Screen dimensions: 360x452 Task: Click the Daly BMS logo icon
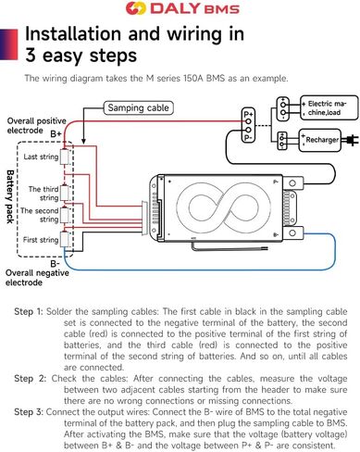point(136,8)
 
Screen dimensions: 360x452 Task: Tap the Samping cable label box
point(138,108)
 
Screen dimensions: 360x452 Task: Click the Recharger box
point(319,140)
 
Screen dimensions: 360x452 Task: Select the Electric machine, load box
point(329,107)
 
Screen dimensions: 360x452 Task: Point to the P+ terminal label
point(248,114)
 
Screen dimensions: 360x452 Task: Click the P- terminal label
point(248,138)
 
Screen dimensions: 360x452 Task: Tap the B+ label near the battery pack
point(56,134)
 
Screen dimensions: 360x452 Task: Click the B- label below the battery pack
point(55,264)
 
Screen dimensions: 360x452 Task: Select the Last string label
point(41,157)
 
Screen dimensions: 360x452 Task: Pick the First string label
point(41,240)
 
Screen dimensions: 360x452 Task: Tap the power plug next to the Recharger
point(351,140)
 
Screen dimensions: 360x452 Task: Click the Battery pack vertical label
point(10,196)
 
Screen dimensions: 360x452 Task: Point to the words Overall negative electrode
point(37,278)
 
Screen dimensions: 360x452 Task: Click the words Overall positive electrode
point(36,125)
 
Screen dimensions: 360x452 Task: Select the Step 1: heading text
point(29,311)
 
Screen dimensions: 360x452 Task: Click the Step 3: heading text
point(29,412)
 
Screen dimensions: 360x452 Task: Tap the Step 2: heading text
point(30,379)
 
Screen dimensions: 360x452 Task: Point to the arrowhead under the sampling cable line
point(83,141)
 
